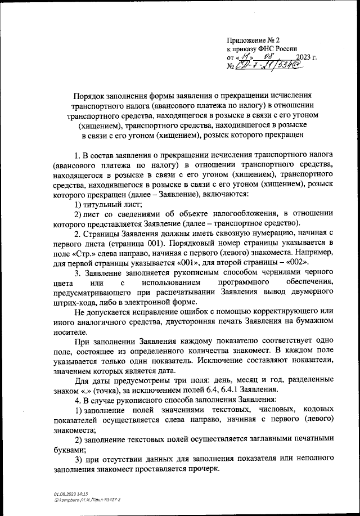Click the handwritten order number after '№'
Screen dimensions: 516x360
[269, 66]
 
